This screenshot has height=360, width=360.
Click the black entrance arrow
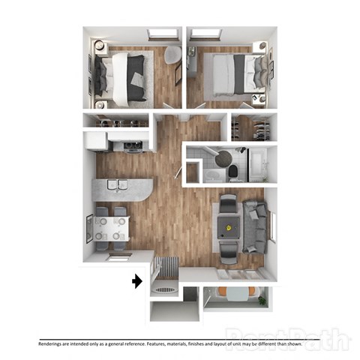(136, 281)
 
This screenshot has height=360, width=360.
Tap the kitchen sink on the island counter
(115, 184)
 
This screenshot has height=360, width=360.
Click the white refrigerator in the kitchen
(94, 141)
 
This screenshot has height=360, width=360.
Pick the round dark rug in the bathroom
(223, 158)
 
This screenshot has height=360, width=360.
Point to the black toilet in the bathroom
(233, 173)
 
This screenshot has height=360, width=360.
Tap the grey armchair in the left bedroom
(172, 57)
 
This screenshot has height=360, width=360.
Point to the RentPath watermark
(288, 338)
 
